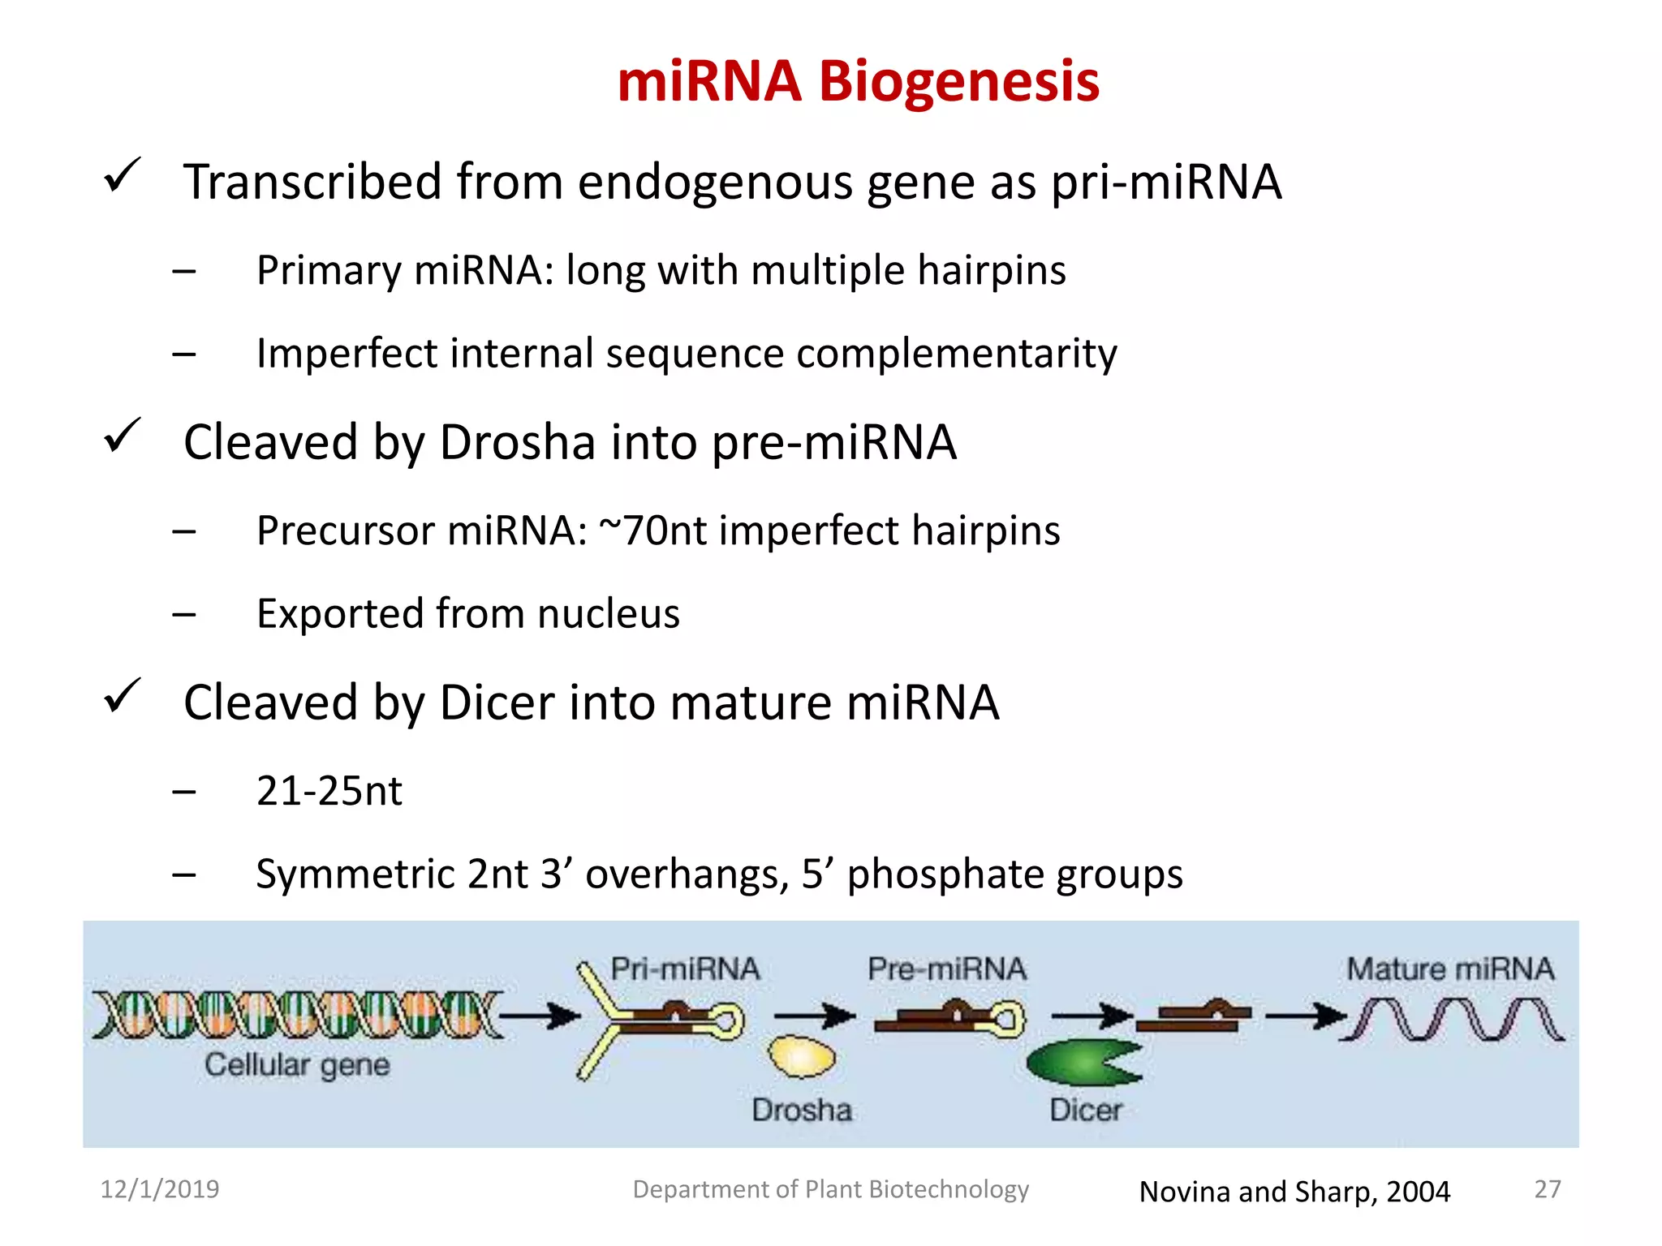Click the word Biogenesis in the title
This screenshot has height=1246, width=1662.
(958, 82)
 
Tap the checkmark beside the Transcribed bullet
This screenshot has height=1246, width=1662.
(123, 176)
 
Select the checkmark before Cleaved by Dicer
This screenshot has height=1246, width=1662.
(123, 697)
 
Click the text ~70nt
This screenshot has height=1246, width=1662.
(653, 531)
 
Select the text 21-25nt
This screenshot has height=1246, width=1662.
(329, 791)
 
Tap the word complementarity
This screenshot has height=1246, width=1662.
(956, 354)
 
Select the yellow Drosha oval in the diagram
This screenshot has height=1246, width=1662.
(802, 1058)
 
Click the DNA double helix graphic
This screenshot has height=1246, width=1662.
(296, 1015)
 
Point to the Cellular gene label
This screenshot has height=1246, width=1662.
(297, 1065)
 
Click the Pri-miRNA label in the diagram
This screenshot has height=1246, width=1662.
(685, 969)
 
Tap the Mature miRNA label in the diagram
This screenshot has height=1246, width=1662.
(1450, 969)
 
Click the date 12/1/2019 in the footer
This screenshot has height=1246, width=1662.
(159, 1189)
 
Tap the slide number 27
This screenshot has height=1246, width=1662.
(1547, 1189)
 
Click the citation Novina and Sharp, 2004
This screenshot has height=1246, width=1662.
(1294, 1192)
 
